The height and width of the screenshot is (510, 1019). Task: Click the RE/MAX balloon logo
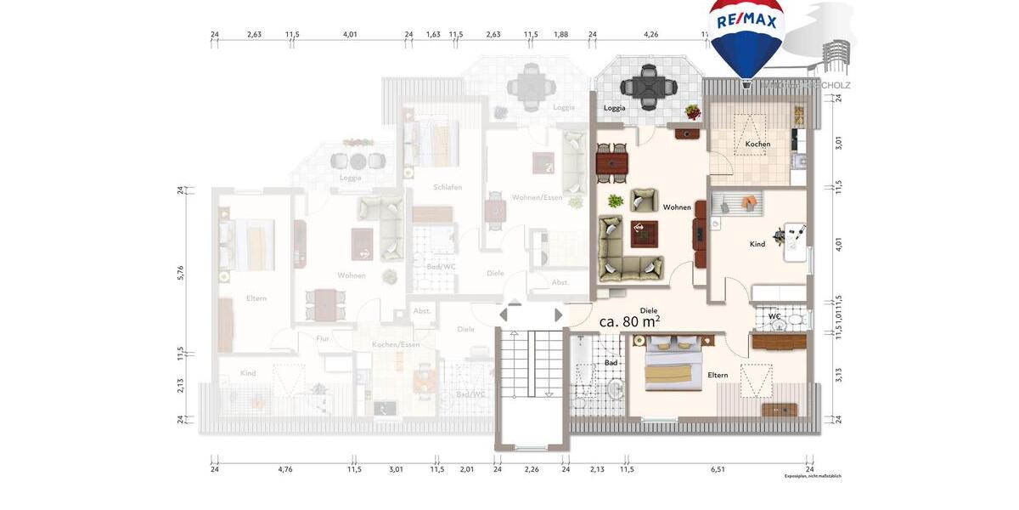pyautogui.click(x=746, y=38)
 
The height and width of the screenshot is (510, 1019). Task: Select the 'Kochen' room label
pyautogui.click(x=757, y=144)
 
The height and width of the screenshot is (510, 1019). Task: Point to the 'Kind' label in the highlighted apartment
pyautogui.click(x=757, y=244)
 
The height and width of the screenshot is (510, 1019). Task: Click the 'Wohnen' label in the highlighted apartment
pyautogui.click(x=677, y=207)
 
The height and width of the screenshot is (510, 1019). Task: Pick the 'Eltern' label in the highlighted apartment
pyautogui.click(x=718, y=375)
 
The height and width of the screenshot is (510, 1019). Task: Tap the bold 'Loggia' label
pyautogui.click(x=615, y=109)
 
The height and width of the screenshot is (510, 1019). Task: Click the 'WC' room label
pyautogui.click(x=774, y=316)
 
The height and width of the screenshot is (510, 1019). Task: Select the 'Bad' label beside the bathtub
pyautogui.click(x=611, y=363)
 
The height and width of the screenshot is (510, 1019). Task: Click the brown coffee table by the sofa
pyautogui.click(x=645, y=231)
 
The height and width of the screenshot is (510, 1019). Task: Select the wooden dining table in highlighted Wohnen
pyautogui.click(x=612, y=161)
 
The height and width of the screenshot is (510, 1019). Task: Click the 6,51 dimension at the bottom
pyautogui.click(x=718, y=468)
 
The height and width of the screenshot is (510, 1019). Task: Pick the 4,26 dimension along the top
pyautogui.click(x=650, y=35)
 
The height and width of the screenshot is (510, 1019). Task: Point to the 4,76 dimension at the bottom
pyautogui.click(x=281, y=468)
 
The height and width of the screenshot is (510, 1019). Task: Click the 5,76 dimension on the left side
pyautogui.click(x=180, y=273)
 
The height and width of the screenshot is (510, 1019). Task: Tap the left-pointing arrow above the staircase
pyautogui.click(x=504, y=315)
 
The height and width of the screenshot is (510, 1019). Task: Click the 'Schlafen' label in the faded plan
pyautogui.click(x=447, y=187)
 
